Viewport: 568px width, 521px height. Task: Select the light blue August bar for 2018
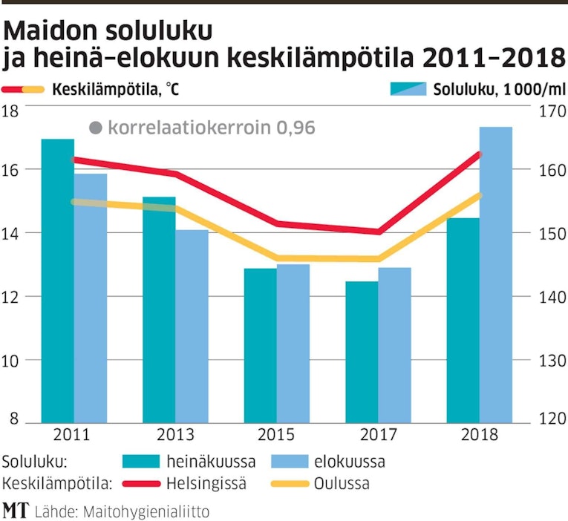point(496,275)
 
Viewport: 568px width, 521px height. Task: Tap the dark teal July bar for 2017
point(362,352)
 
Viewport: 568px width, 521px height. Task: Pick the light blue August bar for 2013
point(192,327)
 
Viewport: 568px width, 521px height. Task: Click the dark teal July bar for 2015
point(260,345)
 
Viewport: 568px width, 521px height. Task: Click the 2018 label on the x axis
point(479,435)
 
